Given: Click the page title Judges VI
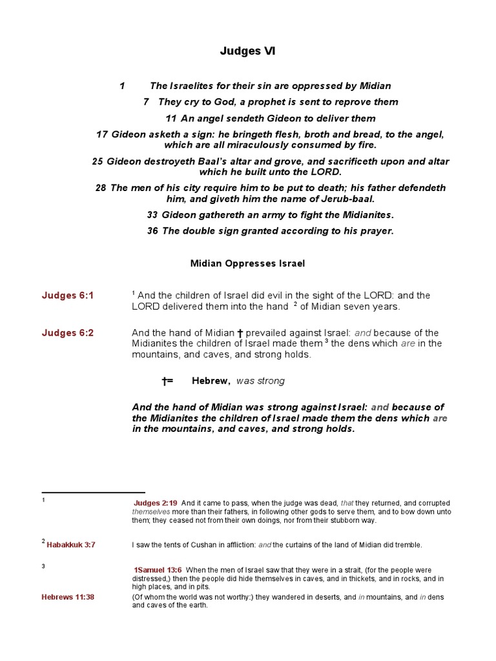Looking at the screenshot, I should coord(249,51).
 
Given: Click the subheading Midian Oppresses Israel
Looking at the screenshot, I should coord(247,263).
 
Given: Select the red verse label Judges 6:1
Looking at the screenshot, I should coord(68,296).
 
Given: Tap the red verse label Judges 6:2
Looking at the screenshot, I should coord(68,333).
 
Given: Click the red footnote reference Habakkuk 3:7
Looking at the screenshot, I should coord(70,545).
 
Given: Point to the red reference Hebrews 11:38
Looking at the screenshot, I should coord(68,597).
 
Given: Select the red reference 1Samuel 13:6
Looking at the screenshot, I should coord(158,570).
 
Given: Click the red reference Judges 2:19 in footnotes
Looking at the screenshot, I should coord(156,503).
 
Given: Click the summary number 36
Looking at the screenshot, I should coord(152,232).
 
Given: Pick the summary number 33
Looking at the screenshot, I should coord(152,215).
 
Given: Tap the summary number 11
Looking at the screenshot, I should coord(171,119).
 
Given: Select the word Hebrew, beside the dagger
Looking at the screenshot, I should coord(211,381).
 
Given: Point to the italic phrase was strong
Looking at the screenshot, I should coord(260,381).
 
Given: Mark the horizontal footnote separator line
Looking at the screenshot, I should coord(93,493).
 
